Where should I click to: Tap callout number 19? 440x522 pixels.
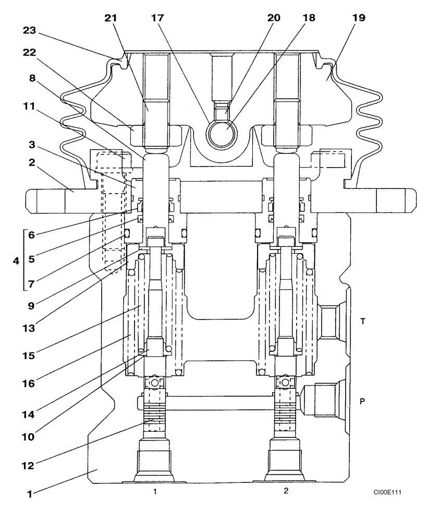358,17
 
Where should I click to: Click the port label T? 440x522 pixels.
363,322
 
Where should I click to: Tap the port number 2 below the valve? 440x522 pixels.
286,491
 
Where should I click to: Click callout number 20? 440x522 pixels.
274,17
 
